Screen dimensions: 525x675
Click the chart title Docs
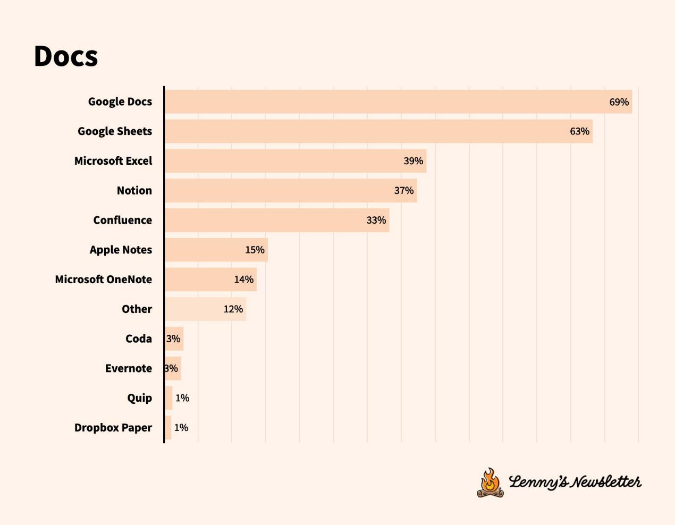[66, 56]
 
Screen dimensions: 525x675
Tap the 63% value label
[579, 131]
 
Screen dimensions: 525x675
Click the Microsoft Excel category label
[113, 161]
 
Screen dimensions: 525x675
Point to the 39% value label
[413, 161]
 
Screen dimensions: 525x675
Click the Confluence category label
[122, 220]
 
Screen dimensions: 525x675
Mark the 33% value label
[376, 220]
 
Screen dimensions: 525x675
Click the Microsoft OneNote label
[103, 280]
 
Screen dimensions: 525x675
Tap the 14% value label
[243, 280]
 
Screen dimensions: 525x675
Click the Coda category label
[138, 338]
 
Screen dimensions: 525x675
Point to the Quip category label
[139, 398]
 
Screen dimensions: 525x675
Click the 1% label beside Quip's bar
[182, 398]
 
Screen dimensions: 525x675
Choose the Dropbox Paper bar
[168, 428]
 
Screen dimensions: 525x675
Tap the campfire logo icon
[490, 482]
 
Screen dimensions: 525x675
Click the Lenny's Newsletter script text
[575, 482]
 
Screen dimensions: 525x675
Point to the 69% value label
[619, 102]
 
